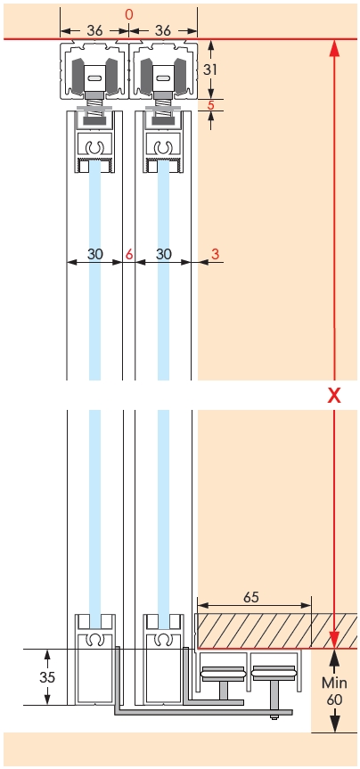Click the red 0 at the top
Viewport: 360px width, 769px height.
(x=129, y=15)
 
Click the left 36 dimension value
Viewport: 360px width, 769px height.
(x=94, y=30)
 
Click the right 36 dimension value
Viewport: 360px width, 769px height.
(x=163, y=30)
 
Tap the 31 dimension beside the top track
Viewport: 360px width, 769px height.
(x=210, y=70)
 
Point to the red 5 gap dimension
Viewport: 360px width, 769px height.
(x=211, y=105)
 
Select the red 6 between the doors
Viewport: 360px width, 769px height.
(x=129, y=254)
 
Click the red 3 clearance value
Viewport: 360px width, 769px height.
(x=215, y=254)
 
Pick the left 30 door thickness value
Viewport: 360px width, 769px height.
(x=95, y=254)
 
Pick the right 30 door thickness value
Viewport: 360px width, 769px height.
(x=164, y=254)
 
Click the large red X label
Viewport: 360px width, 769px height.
(x=334, y=396)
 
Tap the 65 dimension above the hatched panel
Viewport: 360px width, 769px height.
(x=250, y=597)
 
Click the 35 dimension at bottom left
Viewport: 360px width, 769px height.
(x=47, y=677)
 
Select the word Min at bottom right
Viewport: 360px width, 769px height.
(x=334, y=683)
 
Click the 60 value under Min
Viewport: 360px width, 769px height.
(x=334, y=699)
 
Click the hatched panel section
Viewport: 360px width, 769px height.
(x=276, y=631)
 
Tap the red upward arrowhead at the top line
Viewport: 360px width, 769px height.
(x=334, y=49)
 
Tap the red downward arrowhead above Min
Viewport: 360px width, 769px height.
(x=334, y=640)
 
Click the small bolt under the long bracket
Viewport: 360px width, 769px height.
(x=273, y=717)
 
